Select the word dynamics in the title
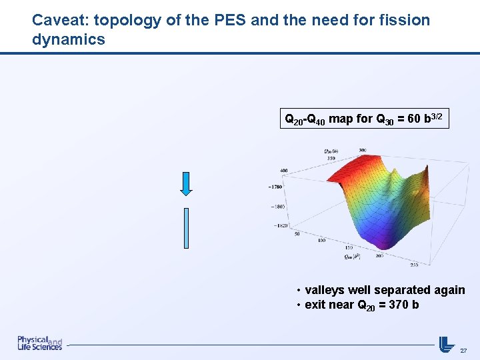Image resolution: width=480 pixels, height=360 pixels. [69, 39]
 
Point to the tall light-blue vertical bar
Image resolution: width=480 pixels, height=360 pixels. [186, 227]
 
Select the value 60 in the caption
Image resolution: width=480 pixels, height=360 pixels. [409, 121]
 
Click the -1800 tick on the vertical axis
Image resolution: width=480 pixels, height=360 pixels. [276, 207]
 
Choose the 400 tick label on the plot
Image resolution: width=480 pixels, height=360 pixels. [283, 171]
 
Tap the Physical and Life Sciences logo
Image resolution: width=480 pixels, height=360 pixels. [40, 343]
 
